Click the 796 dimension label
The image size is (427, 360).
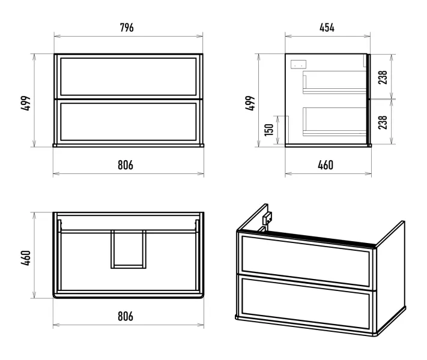point(127,28)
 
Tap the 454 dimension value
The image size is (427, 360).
point(327,28)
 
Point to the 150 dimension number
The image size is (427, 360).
point(269,130)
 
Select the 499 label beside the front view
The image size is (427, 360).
point(26,103)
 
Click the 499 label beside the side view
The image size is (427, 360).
point(250,103)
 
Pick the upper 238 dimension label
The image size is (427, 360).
point(383,77)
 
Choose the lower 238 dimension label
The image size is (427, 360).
point(383,122)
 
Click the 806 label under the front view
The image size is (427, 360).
point(126,165)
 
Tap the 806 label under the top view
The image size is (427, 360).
point(126,316)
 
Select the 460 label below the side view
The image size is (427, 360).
point(326,165)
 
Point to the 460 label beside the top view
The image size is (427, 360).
point(26,258)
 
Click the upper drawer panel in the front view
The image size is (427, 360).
point(129,77)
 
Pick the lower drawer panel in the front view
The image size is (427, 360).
point(129,122)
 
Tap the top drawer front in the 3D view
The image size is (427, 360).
point(306,261)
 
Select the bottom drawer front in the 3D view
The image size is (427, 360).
point(306,303)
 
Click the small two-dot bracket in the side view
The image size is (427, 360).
point(298,64)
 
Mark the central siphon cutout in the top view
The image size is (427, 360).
point(129,250)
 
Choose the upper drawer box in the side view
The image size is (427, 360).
point(335,82)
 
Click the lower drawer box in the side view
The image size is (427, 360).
point(335,122)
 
